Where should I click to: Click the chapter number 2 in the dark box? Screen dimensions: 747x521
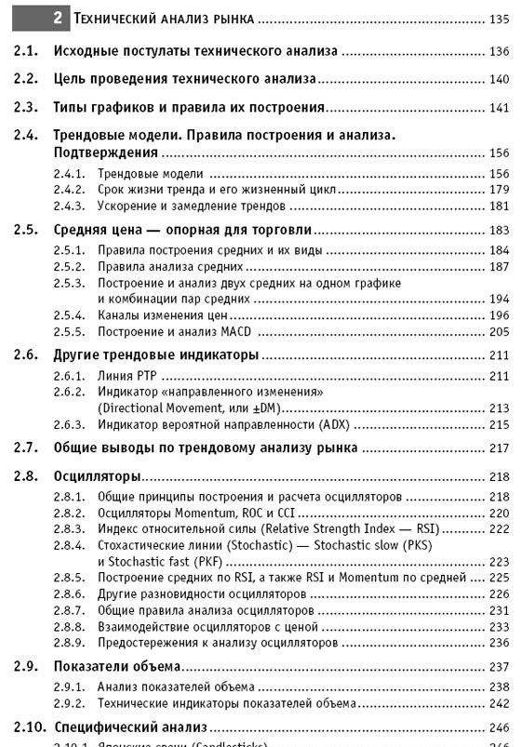click(x=58, y=18)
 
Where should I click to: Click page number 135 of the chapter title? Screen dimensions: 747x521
click(x=498, y=19)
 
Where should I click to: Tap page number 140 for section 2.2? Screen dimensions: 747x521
click(x=498, y=79)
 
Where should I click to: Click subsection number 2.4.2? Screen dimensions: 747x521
click(x=68, y=190)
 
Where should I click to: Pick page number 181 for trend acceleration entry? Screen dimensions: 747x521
click(x=498, y=206)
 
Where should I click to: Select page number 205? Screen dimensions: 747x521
click(x=498, y=331)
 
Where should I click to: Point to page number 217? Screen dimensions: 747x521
click(x=498, y=447)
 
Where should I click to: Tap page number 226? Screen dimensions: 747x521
click(x=498, y=594)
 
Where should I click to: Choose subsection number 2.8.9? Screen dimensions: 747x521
click(x=68, y=642)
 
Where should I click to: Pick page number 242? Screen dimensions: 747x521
click(x=498, y=703)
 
